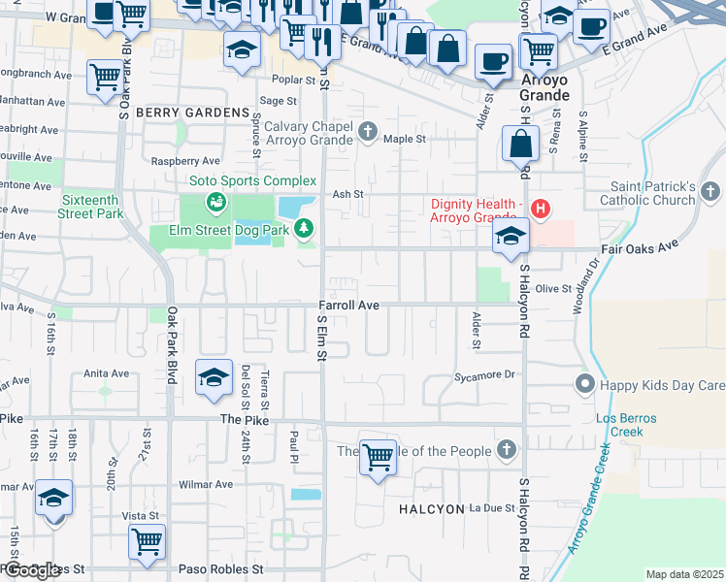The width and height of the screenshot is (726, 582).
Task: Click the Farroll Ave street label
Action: click(348, 305)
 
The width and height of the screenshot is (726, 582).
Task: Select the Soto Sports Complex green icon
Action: click(214, 202)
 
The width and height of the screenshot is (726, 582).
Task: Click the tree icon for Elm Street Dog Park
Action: click(305, 229)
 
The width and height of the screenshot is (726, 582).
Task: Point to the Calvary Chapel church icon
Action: click(368, 130)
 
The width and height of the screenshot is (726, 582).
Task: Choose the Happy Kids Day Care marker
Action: click(584, 385)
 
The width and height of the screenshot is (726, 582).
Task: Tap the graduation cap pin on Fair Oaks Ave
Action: click(511, 237)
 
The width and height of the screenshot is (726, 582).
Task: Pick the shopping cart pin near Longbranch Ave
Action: click(106, 78)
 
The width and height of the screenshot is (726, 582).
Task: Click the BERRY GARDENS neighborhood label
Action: click(192, 113)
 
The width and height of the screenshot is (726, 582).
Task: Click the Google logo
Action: click(32, 570)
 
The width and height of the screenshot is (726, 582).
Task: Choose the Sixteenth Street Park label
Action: click(90, 206)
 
